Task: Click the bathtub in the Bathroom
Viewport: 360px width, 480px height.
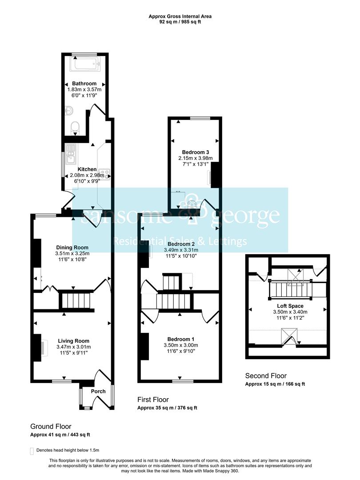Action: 85,64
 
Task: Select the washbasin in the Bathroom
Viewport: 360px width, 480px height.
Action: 69,111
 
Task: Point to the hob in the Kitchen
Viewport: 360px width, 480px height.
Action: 105,174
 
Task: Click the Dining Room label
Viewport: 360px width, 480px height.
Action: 72,248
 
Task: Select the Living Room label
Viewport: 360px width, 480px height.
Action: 74,341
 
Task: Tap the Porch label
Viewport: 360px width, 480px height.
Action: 98,391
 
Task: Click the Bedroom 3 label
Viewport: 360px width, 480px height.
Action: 196,152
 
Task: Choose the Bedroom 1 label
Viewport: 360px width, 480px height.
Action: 181,339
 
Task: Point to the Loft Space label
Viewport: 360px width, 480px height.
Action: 290,306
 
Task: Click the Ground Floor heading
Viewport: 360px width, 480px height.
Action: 51,426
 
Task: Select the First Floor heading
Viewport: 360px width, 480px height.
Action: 153,400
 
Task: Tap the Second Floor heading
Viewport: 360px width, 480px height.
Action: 266,376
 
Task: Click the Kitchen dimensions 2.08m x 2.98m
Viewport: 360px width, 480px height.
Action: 87,175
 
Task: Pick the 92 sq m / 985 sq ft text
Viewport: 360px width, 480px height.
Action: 180,22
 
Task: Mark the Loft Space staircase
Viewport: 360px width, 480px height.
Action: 290,290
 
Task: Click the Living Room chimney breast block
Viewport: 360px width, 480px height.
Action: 37,348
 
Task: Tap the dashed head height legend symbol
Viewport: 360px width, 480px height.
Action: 32,451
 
